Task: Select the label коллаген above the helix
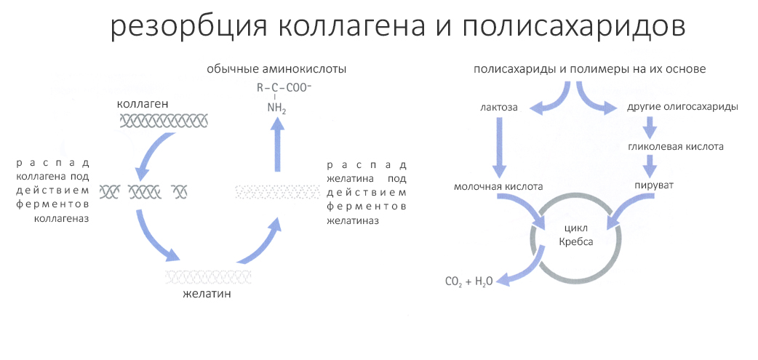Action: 143,104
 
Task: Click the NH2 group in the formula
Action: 276,109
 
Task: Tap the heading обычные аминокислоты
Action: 276,69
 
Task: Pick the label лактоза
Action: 499,107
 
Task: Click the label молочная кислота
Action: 498,187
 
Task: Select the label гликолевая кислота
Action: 676,147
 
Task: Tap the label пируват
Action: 650,186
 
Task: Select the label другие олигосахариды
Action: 682,107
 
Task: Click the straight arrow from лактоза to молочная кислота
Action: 499,146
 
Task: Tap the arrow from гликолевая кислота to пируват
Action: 650,167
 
